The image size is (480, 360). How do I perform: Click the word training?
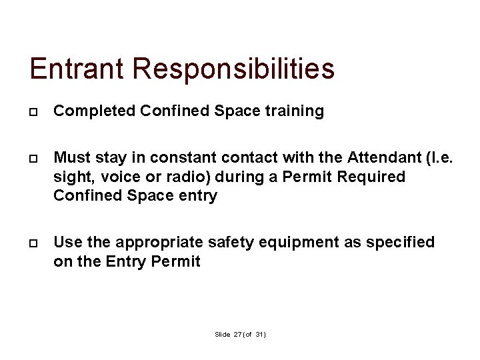click(x=293, y=111)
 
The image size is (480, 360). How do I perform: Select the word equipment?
click(x=298, y=243)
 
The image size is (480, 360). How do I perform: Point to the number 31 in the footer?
click(x=259, y=333)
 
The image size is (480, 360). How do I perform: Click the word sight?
click(x=71, y=177)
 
